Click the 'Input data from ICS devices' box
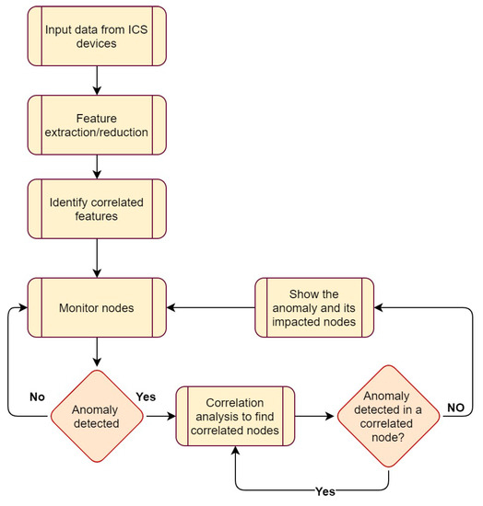click(x=97, y=37)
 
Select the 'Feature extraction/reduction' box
click(x=97, y=126)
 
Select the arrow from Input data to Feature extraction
click(x=97, y=81)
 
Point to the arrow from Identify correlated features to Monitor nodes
click(x=97, y=260)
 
